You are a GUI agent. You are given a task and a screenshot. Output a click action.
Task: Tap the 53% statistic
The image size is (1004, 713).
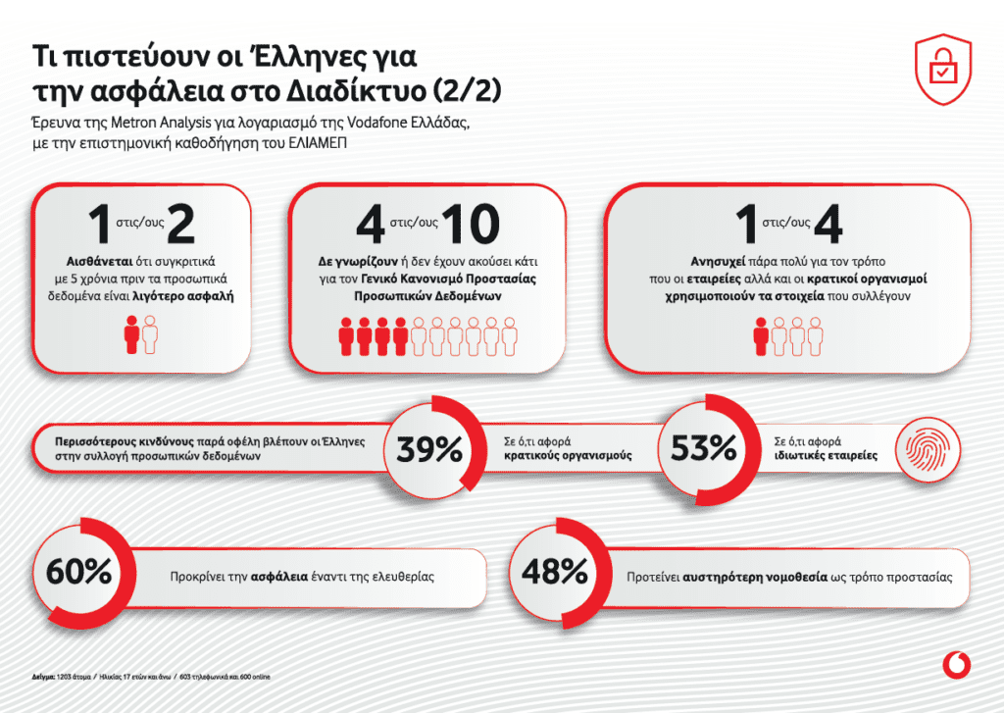(x=703, y=449)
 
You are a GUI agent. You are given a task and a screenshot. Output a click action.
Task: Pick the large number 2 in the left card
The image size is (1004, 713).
(x=180, y=227)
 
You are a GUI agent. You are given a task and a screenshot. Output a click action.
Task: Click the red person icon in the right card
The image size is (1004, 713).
(x=761, y=336)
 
